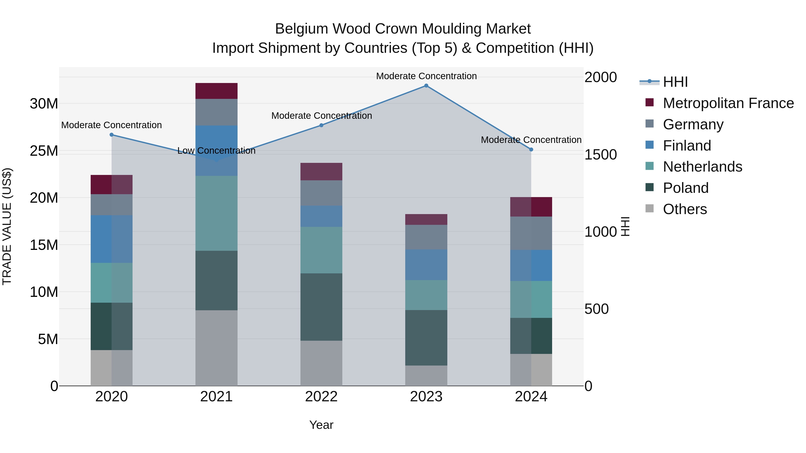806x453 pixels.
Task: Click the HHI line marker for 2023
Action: click(426, 86)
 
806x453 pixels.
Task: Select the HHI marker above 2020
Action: click(112, 135)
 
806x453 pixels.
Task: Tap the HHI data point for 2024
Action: click(531, 149)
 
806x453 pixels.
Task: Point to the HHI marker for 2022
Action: click(321, 125)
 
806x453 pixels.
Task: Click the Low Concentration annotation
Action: click(216, 151)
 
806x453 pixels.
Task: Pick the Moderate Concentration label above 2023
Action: click(426, 76)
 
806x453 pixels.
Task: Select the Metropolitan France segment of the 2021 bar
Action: click(216, 91)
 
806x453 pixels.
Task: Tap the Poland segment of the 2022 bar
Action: click(321, 307)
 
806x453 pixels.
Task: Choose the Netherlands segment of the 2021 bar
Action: click(216, 213)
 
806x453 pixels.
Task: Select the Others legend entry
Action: click(685, 209)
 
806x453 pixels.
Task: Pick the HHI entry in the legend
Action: click(675, 82)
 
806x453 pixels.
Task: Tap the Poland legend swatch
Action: click(650, 188)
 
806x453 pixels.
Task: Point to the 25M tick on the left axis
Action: click(44, 151)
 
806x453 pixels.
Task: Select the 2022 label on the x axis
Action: click(321, 397)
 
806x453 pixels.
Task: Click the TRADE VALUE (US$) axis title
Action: click(7, 226)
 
